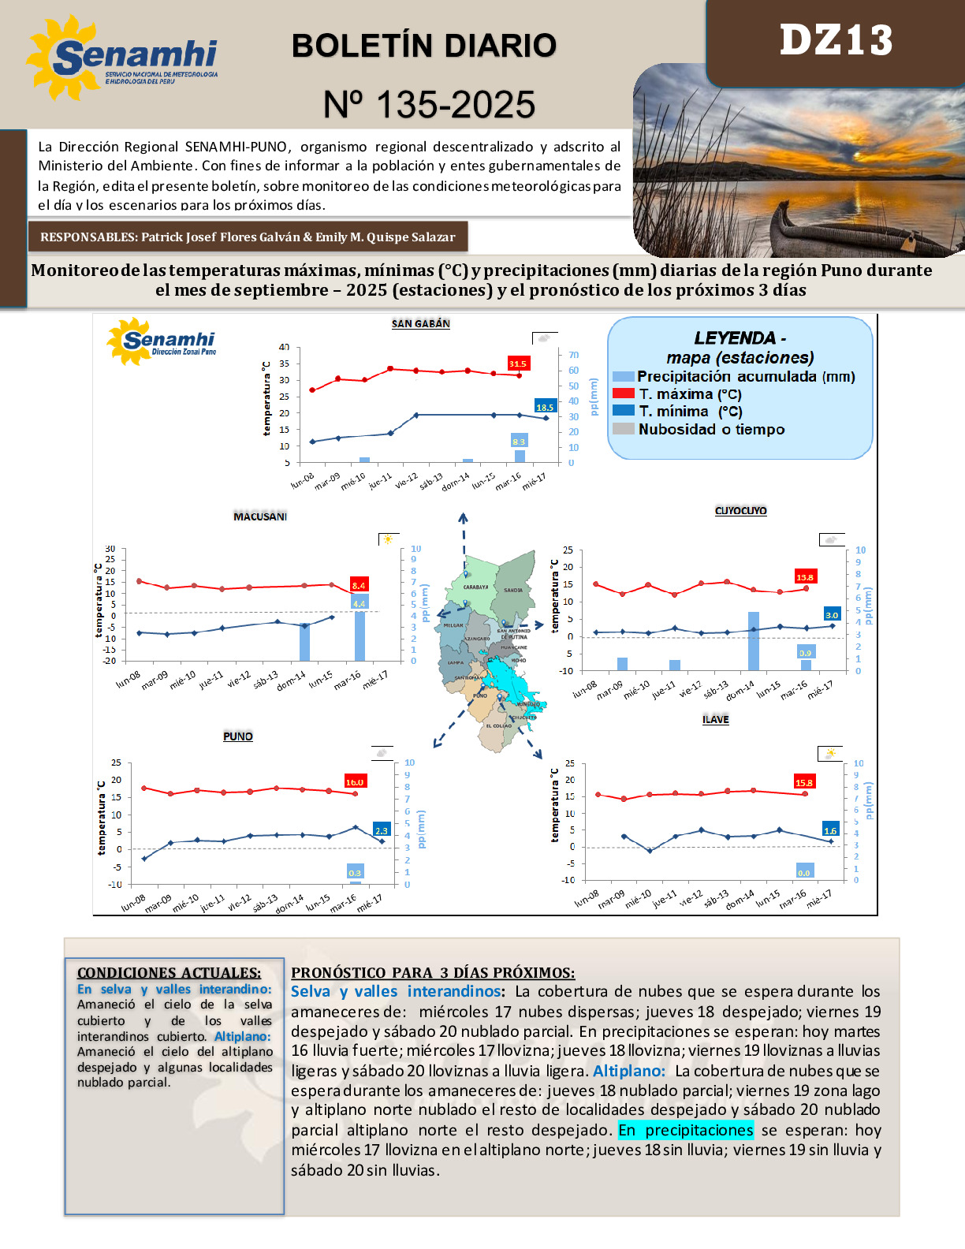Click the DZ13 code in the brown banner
(x=836, y=40)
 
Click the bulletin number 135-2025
(x=429, y=105)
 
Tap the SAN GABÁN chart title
(x=421, y=323)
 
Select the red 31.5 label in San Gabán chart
(x=517, y=364)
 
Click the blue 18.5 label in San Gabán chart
(x=545, y=407)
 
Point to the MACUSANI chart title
(x=260, y=516)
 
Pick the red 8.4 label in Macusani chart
(x=359, y=585)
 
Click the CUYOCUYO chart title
(x=740, y=511)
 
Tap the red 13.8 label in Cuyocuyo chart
(x=804, y=577)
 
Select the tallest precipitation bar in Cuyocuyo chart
(x=753, y=641)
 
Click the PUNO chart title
(x=238, y=736)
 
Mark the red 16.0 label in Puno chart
(x=355, y=781)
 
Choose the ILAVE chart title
(x=716, y=719)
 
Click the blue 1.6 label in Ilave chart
(x=830, y=830)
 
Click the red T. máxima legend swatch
(x=623, y=393)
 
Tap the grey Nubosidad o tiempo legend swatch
(x=623, y=429)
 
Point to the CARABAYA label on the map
(x=475, y=587)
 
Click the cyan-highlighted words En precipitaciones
(x=685, y=1130)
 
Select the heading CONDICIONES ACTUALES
(x=169, y=972)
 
